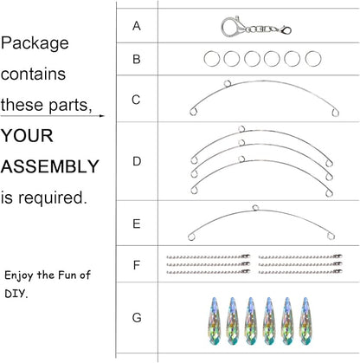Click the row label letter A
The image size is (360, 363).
137,26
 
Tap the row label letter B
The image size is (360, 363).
137,59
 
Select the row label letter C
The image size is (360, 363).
136,100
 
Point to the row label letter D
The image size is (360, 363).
137,161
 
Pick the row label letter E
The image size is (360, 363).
137,224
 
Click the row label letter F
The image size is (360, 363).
137,265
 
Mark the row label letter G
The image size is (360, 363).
137,318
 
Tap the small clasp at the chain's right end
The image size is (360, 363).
286,30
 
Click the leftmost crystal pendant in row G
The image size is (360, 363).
215,321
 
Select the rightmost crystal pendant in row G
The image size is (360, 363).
305,321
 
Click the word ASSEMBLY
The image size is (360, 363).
50,166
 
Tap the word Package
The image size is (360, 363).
35,43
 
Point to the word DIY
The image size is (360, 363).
16,294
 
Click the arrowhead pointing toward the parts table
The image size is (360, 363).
102,116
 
